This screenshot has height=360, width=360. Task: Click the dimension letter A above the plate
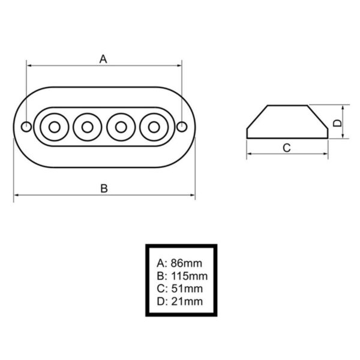103,59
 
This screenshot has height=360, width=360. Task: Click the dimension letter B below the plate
104,188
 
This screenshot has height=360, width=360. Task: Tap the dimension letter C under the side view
287,148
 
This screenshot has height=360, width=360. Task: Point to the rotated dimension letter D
337,123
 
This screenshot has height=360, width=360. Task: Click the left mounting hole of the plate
26,127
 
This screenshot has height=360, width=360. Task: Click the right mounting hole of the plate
182,127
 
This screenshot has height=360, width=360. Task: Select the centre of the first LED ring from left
55,127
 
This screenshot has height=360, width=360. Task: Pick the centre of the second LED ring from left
88,127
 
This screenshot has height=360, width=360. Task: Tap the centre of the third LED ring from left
121,127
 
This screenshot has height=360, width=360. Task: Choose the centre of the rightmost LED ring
154,127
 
